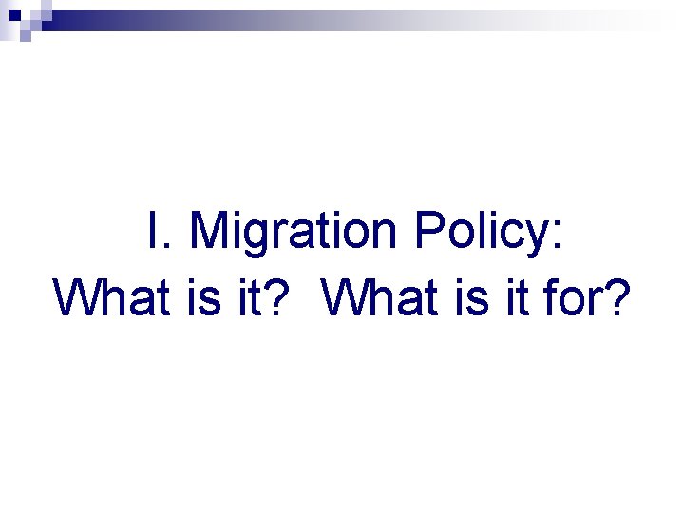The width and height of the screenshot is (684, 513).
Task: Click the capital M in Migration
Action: point(212,232)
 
